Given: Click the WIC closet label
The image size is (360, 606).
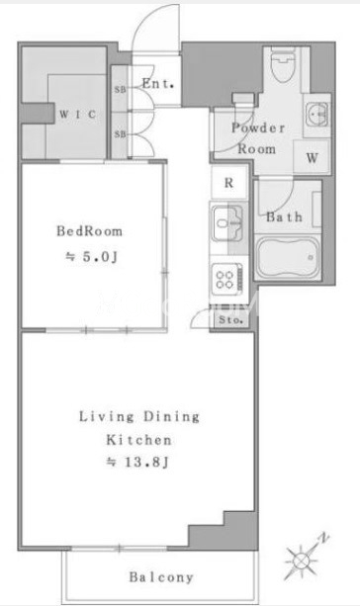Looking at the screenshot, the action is (x=77, y=115).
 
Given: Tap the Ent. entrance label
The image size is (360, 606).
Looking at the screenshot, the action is (x=157, y=83).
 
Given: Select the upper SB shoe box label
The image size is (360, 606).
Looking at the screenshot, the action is (x=120, y=90).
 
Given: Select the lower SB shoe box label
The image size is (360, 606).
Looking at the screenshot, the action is (x=120, y=134).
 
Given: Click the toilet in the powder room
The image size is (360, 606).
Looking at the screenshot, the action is (x=284, y=64).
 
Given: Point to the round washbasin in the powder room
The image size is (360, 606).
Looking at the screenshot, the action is (x=316, y=115).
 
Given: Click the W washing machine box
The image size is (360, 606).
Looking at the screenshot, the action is (x=312, y=158).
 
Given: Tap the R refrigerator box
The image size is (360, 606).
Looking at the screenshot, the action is (x=228, y=183).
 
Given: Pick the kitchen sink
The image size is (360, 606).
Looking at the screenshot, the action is (x=228, y=223).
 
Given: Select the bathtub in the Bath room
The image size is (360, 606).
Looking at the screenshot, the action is (x=288, y=257).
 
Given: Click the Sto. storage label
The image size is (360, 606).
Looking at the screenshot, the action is (x=230, y=320).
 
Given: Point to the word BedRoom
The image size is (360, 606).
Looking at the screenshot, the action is (x=89, y=231).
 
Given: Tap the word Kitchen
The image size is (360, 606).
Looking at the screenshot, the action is (x=138, y=440).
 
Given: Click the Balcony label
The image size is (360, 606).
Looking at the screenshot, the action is (x=161, y=577).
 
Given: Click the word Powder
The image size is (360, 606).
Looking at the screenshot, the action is (x=258, y=128).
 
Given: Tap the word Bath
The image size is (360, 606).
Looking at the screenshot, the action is (x=284, y=216).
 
